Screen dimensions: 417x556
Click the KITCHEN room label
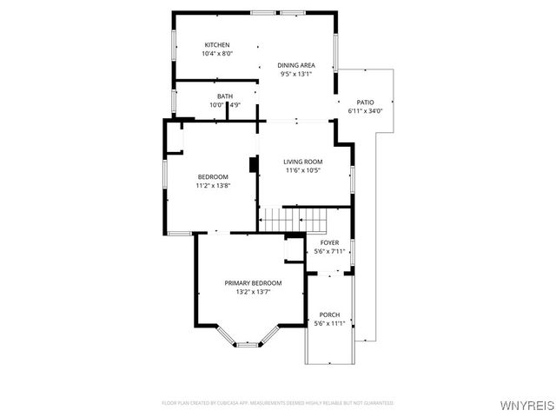tap(216, 45)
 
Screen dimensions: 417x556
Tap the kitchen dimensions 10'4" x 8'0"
tap(216, 54)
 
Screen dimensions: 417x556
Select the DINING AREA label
tap(295, 65)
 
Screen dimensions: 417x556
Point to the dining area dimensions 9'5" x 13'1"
tap(295, 74)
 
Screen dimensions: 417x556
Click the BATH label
tap(224, 96)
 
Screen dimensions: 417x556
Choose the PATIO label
tap(365, 103)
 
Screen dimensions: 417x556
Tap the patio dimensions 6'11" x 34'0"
tap(365, 111)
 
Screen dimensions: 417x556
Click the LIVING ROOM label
tap(303, 162)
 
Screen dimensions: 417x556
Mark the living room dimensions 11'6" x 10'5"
tap(303, 170)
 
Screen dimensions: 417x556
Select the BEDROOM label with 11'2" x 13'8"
tap(212, 176)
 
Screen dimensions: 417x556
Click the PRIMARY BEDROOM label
tap(253, 283)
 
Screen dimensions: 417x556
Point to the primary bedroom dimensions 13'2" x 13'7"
tap(253, 292)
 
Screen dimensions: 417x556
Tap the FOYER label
tap(329, 242)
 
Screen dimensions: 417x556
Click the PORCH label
tap(329, 314)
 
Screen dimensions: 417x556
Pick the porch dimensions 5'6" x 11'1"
tap(329, 323)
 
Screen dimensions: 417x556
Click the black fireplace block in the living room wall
tap(253, 165)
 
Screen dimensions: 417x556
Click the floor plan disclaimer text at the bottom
tap(277, 403)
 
